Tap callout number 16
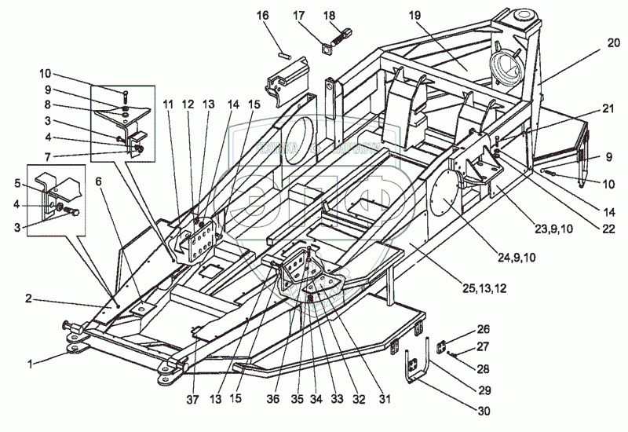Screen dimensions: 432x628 click(x=262, y=15)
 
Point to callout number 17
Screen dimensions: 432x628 click(x=298, y=15)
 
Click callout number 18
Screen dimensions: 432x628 click(x=328, y=15)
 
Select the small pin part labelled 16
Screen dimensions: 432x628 click(x=287, y=53)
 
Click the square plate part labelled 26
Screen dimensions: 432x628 click(x=442, y=345)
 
